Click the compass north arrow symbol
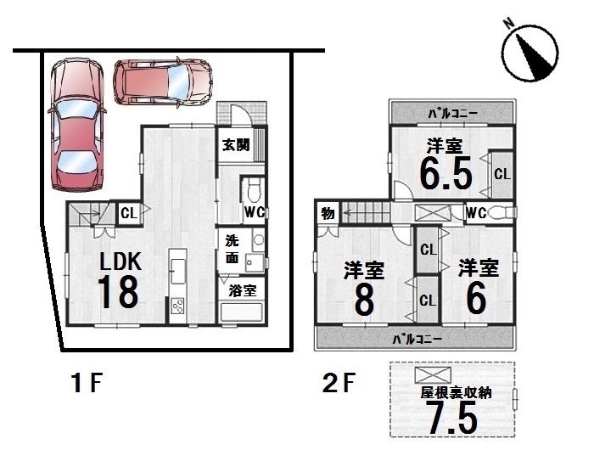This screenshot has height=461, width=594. tap(530, 53)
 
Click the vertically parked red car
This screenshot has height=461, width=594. tap(77, 124)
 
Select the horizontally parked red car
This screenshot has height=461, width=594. tap(163, 82)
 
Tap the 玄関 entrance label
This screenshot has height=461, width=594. tap(236, 144)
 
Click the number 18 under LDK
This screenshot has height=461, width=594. tap(118, 292)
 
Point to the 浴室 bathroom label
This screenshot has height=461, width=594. tap(243, 291)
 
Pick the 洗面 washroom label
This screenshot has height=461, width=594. tap(232, 249)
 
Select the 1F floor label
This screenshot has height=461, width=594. tap(87, 383)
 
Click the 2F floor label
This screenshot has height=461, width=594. tap(338, 383)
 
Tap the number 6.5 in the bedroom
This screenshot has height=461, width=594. tap(446, 173)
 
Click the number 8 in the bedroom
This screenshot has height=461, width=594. tap(364, 300)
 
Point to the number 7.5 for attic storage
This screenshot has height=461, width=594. tap(452, 418)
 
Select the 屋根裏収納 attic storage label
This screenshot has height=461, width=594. tap(457, 393)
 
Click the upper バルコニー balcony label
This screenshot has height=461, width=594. tap(452, 114)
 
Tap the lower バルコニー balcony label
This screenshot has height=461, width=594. tap(417, 339)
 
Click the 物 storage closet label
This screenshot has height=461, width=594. tap(328, 214)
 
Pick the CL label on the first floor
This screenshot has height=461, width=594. tap(129, 213)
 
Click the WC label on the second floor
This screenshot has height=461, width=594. tap(476, 213)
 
